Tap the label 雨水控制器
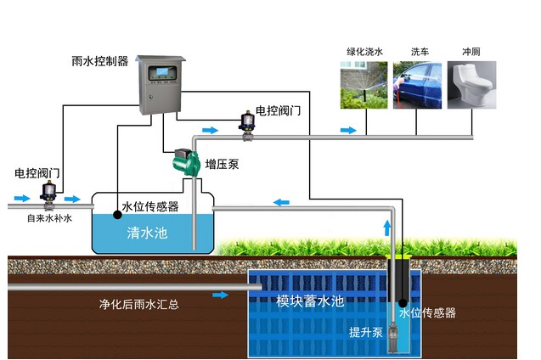click(x=100, y=61)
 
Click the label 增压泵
click(x=222, y=164)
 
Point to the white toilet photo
click(x=472, y=85)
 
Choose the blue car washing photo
click(x=419, y=85)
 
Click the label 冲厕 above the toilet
click(x=471, y=51)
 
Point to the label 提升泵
click(x=365, y=331)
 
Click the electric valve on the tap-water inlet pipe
click(x=49, y=194)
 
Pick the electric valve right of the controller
click(x=249, y=123)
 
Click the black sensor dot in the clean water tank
click(x=116, y=215)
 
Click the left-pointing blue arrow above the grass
click(x=280, y=202)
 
